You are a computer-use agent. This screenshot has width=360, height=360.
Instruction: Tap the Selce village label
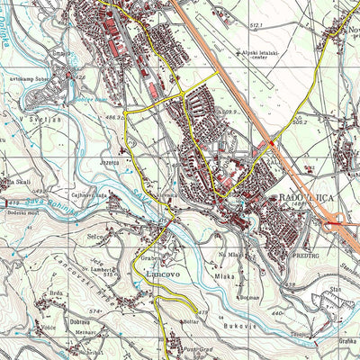point(119,235)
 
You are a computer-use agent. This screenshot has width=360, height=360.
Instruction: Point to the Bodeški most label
point(19,210)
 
